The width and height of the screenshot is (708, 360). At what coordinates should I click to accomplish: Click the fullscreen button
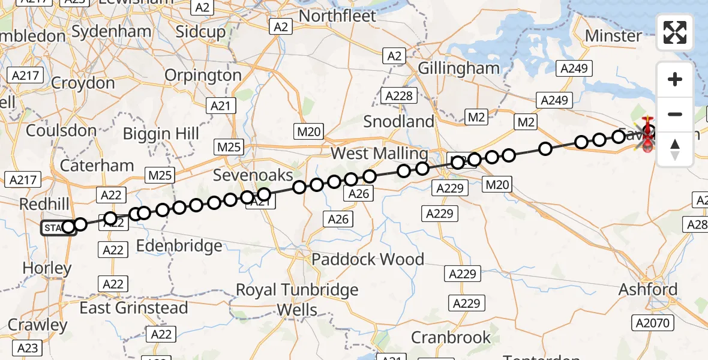(x=675, y=32)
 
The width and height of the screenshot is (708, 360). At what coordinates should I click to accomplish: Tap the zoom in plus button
(x=675, y=79)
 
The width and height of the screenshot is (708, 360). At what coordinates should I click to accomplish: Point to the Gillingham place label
(x=459, y=68)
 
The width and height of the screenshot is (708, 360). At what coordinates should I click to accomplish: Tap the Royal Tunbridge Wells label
(x=297, y=299)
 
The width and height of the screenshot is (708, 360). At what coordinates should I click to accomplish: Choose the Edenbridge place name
(x=179, y=245)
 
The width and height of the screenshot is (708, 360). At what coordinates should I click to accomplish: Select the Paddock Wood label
(x=368, y=259)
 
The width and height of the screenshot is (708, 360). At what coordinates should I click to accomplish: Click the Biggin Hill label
(x=161, y=133)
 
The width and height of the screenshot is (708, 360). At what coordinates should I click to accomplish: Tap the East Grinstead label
(x=134, y=308)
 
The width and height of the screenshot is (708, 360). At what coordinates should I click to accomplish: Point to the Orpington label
(x=203, y=76)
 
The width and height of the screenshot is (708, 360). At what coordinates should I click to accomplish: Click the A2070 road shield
(x=653, y=323)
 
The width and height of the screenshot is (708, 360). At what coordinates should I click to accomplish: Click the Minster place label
(x=613, y=36)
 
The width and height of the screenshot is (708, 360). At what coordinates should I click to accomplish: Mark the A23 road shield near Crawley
(x=28, y=348)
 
